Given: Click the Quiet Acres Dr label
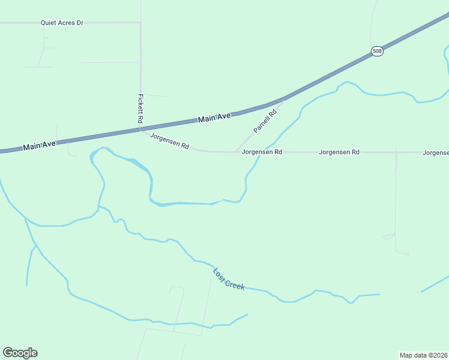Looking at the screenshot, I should click(x=62, y=23).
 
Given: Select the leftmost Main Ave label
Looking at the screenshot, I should click(x=40, y=145).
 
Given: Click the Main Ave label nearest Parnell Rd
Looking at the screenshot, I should click(x=214, y=119).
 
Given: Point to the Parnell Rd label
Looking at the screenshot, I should click(x=265, y=121).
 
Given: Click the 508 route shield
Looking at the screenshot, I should click(x=377, y=51).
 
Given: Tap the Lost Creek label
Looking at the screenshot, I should click(x=229, y=279).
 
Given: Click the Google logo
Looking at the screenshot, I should click(x=20, y=353).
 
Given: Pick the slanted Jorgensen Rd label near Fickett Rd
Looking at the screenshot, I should click(x=169, y=142).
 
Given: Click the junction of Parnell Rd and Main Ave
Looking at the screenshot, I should click(x=283, y=100).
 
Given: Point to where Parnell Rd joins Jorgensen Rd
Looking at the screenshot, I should click(x=235, y=152).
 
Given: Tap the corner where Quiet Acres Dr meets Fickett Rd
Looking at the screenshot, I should click(x=140, y=23).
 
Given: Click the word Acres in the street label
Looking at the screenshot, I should click(x=67, y=23).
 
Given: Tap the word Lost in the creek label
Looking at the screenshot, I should click(x=219, y=273).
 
